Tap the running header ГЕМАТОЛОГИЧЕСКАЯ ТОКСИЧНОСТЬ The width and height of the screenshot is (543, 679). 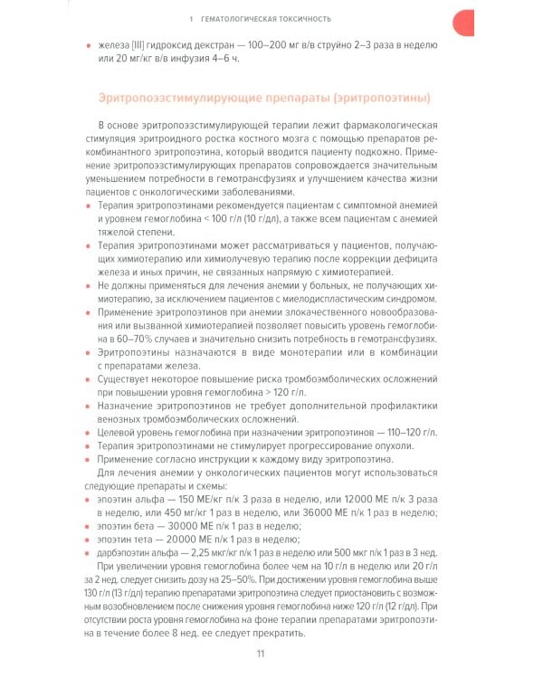271,17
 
